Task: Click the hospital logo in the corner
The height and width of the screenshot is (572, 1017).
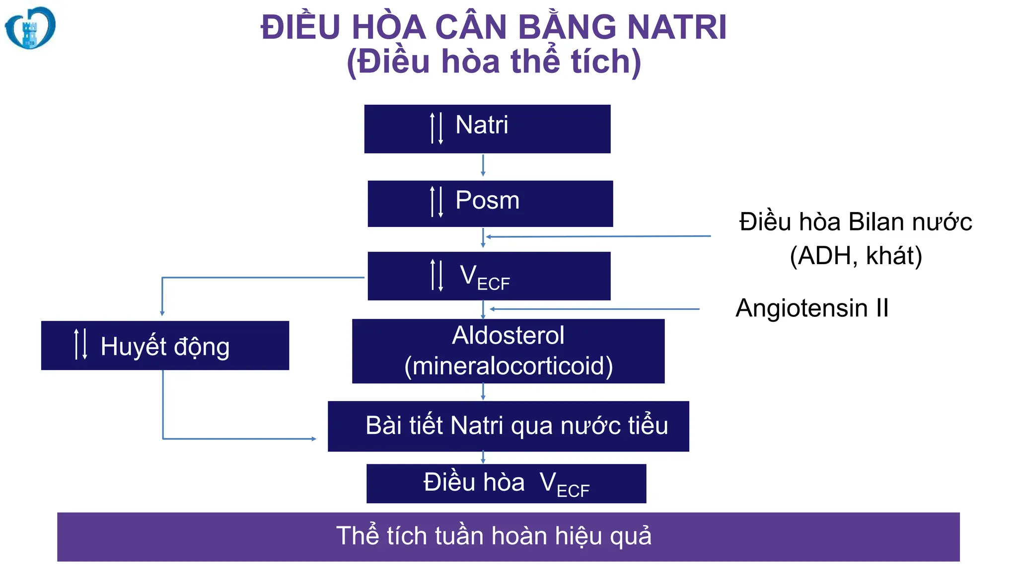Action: [30, 28]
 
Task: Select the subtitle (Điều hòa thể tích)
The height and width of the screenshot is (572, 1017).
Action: [494, 62]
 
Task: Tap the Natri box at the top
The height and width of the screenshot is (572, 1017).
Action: [487, 129]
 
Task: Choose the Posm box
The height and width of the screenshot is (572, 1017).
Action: [490, 204]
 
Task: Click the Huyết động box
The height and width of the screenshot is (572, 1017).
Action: [165, 346]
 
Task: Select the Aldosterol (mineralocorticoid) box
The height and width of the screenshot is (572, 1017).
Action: [508, 351]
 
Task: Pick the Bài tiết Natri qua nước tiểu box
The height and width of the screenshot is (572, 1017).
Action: [508, 426]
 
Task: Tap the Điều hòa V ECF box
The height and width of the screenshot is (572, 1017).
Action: [506, 483]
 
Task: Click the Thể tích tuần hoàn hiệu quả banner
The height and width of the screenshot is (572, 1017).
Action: [508, 537]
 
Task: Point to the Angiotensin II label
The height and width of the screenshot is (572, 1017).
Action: [812, 308]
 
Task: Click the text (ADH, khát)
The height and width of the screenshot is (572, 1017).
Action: [856, 256]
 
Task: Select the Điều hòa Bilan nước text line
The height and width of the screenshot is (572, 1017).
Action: [855, 222]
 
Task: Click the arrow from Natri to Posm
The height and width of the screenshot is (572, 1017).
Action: [483, 166]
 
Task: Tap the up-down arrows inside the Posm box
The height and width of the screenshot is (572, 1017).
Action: [436, 202]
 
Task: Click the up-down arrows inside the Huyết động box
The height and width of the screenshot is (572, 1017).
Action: [80, 344]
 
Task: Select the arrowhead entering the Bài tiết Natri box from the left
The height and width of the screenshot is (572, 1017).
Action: [313, 438]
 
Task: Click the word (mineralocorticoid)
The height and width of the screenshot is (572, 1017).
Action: [508, 366]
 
